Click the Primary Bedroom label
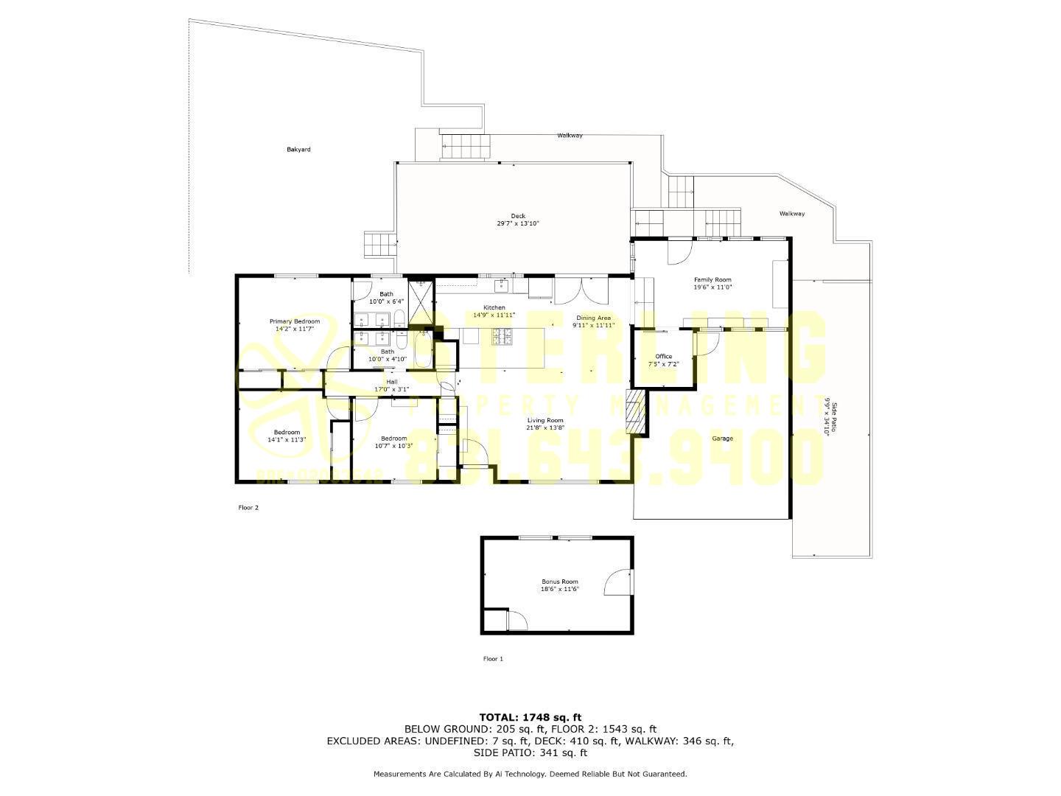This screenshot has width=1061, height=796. click(x=294, y=321)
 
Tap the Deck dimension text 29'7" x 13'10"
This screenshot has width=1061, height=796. click(x=518, y=223)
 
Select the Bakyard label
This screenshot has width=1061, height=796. click(x=298, y=150)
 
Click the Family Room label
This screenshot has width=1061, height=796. click(x=712, y=280)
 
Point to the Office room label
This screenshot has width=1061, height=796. click(x=663, y=357)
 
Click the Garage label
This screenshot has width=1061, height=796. click(x=722, y=439)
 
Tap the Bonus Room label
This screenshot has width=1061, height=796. click(x=560, y=582)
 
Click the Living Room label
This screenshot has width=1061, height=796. click(x=545, y=420)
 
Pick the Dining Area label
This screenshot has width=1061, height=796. click(x=593, y=318)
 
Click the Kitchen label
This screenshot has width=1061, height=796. click(x=494, y=307)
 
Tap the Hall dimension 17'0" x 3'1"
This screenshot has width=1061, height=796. click(x=391, y=389)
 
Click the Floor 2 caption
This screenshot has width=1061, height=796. click(x=248, y=508)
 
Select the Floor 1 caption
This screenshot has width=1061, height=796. click(x=493, y=659)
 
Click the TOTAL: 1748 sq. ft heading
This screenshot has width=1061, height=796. click(x=530, y=716)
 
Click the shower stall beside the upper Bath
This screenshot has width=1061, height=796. click(x=422, y=303)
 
